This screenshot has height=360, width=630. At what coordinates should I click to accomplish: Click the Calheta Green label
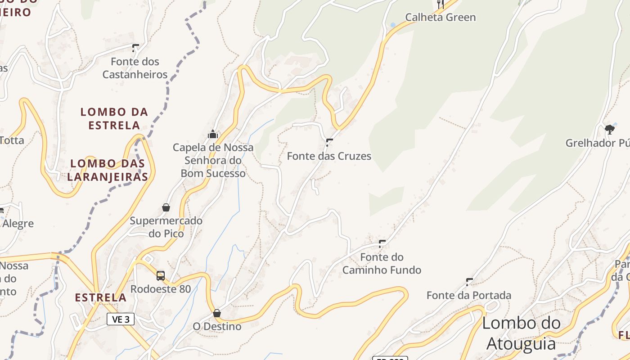coord(440,18)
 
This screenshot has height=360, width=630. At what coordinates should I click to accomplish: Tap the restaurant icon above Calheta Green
coord(441,4)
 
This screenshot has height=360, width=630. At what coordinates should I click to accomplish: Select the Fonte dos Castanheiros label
coord(135,68)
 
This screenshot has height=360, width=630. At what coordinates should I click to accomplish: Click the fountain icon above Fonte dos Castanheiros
coord(135,48)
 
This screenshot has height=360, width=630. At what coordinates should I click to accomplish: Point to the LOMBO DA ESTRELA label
coord(114,118)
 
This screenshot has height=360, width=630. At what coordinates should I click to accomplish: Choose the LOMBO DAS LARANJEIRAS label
coord(108,170)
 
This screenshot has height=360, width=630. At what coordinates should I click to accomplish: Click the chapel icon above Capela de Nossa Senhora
coord(213,134)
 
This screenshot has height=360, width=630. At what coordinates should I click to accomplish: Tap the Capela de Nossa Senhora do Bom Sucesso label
coord(213,160)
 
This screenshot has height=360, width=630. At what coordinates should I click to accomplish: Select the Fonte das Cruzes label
coord(329,156)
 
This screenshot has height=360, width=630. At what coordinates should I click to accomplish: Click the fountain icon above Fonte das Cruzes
coord(329,143)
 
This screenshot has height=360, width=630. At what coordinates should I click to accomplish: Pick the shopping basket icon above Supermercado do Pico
coord(166,207)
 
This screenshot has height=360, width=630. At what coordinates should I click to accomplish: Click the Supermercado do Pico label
coord(166,227)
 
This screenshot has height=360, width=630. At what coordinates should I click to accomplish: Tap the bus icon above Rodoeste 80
coord(161,275)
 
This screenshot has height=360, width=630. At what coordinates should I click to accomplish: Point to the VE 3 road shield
coord(121,319)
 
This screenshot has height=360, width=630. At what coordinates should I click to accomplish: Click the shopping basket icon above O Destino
coord(217,313)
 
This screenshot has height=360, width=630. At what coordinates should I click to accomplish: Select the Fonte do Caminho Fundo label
coord(382,264)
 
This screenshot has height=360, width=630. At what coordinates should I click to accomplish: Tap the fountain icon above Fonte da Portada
coord(469,282)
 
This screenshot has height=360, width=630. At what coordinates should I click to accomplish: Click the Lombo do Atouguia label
coord(522,333)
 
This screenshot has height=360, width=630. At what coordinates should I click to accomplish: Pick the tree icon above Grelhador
coord(610,130)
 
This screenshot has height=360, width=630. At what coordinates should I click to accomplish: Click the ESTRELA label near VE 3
coord(100,297)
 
